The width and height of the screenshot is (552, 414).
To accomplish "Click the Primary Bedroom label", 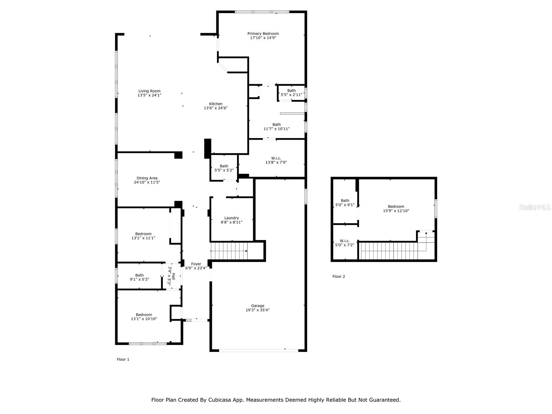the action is click(x=263, y=33).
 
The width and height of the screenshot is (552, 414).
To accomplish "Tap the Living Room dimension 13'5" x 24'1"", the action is click(x=149, y=95).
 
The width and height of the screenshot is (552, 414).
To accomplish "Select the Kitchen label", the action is click(x=216, y=104).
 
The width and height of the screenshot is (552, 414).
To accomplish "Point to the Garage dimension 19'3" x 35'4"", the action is click(x=257, y=310).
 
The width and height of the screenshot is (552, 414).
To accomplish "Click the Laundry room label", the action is click(x=231, y=218).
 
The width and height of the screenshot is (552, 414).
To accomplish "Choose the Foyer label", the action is click(x=196, y=264).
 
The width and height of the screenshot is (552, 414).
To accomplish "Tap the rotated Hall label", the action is click(x=173, y=276).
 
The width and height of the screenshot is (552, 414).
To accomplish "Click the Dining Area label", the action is click(x=147, y=178).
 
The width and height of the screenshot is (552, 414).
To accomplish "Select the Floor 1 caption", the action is click(x=123, y=359).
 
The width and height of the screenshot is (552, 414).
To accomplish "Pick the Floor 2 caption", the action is click(x=338, y=276).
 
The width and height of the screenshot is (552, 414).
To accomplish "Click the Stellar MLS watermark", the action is click(x=535, y=207).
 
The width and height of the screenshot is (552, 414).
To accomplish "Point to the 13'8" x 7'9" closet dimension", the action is click(x=276, y=162).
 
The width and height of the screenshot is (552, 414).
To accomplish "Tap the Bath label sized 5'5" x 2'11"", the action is click(x=292, y=90).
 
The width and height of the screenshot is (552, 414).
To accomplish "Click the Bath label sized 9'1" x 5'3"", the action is click(x=139, y=275).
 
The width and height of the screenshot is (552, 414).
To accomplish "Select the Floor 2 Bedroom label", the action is click(x=396, y=206).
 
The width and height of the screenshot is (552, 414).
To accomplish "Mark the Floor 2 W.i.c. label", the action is click(x=345, y=241).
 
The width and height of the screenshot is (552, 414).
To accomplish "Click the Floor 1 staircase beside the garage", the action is click(x=229, y=250).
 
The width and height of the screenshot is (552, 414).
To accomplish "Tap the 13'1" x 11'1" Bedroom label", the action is click(x=143, y=234).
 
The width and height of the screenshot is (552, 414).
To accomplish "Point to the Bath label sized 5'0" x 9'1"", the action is click(x=345, y=200).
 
